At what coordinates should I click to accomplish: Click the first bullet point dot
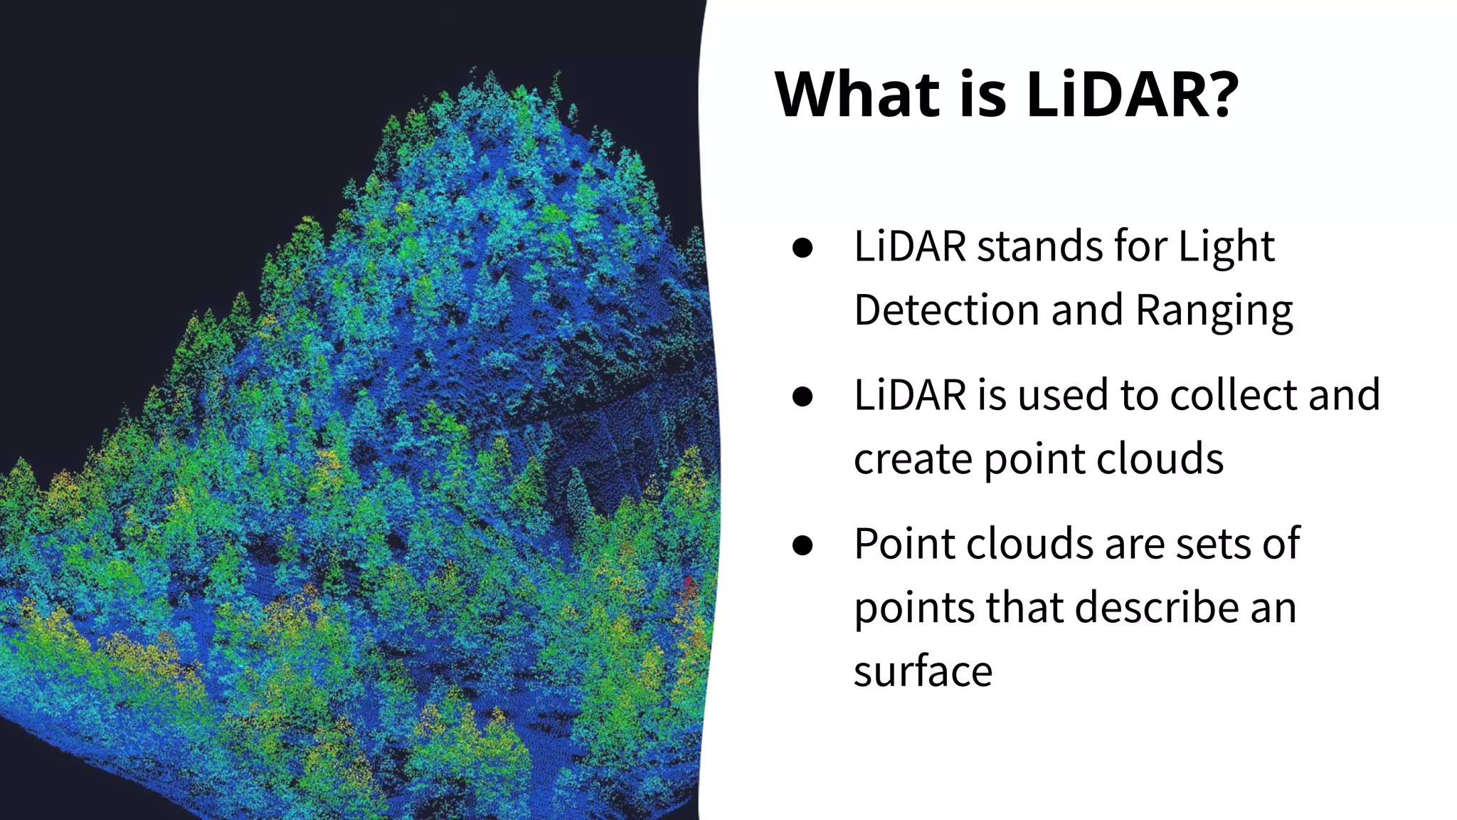(x=802, y=248)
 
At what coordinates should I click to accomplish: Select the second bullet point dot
(x=802, y=396)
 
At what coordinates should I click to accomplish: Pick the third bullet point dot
(x=802, y=545)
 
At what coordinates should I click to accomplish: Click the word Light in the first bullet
(x=1226, y=248)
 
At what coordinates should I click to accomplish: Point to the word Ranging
(x=1214, y=312)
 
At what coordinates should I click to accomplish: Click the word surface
(x=923, y=671)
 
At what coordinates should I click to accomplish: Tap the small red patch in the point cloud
(x=689, y=587)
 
